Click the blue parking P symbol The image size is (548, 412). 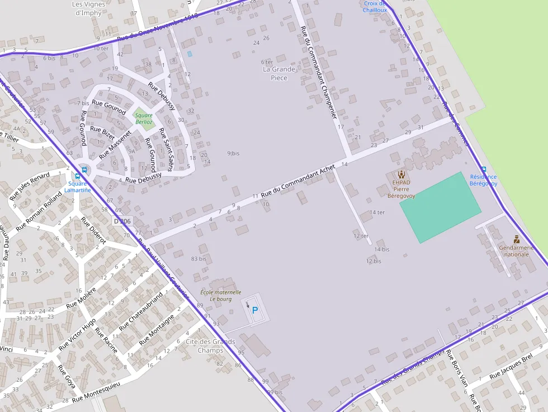click(x=255, y=310)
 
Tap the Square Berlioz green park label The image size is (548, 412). click(x=144, y=118)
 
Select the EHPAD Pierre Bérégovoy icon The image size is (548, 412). click(x=401, y=174)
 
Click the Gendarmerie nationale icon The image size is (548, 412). click(x=516, y=239)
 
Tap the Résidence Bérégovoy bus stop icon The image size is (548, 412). click(x=484, y=169)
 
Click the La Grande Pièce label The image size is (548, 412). click(x=279, y=74)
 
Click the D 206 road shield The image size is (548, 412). click(x=122, y=221)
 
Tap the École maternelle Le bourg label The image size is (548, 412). click(x=221, y=295)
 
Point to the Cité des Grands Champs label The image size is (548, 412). click(x=210, y=346)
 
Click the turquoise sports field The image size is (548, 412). click(x=440, y=207)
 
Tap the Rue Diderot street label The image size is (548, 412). click(x=93, y=230)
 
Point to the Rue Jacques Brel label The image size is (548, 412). click(x=511, y=367)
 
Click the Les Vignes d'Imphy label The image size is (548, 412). click(x=88, y=8)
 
